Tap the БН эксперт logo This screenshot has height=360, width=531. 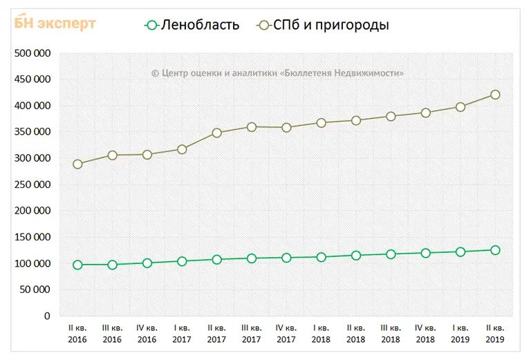pyautogui.click(x=55, y=23)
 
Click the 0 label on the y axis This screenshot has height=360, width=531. pyautogui.click(x=47, y=316)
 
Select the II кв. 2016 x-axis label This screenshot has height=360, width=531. pyautogui.click(x=77, y=334)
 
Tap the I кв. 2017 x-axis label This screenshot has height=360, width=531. pyautogui.click(x=182, y=334)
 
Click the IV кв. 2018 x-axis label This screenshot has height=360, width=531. pyautogui.click(x=425, y=334)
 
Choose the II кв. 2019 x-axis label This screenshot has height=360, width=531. pyautogui.click(x=495, y=334)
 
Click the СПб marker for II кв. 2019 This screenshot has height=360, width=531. pyautogui.click(x=495, y=95)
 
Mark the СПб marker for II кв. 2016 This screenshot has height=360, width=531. pyautogui.click(x=77, y=164)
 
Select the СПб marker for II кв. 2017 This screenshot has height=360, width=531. pyautogui.click(x=216, y=133)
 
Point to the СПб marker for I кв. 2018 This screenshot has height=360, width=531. pyautogui.click(x=321, y=123)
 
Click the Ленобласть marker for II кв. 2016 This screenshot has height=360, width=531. pyautogui.click(x=77, y=265)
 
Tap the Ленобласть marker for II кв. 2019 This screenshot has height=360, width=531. pyautogui.click(x=495, y=250)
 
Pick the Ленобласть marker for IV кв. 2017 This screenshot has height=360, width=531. pyautogui.click(x=286, y=258)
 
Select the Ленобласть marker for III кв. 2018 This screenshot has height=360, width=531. pyautogui.click(x=391, y=254)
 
